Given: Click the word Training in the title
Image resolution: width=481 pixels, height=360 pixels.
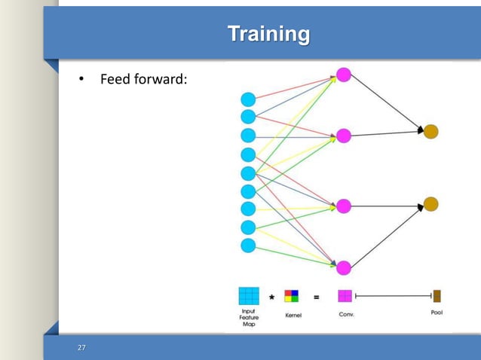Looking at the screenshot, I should pos(268,35).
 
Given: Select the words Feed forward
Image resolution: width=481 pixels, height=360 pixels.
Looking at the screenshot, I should pos(143,99).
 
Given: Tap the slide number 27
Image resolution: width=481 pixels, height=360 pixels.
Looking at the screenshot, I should pos(82,347).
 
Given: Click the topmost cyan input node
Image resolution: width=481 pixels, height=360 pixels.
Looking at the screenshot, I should pos(248,99).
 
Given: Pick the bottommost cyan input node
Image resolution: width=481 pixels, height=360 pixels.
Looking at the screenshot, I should pos(248,245).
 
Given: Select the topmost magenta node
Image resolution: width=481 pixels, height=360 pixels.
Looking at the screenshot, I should pos(344,75).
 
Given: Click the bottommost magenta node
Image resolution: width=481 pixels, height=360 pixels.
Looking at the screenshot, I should pos(344,267).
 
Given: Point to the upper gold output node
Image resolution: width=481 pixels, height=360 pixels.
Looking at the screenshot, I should pos(430,132).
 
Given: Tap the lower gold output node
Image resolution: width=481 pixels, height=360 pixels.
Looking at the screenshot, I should pos(430,204).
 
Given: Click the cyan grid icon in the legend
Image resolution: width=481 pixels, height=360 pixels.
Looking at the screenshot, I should pos(248,296).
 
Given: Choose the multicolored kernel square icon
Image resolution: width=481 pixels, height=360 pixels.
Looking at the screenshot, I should pos(292,296).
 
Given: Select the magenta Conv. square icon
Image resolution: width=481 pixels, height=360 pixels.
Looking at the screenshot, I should pos(345,296).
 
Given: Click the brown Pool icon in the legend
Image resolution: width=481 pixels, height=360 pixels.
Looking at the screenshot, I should pos(437,296).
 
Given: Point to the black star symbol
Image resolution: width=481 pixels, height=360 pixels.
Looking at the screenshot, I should pos(271,296).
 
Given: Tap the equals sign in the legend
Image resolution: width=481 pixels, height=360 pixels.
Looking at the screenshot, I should pos(316,296).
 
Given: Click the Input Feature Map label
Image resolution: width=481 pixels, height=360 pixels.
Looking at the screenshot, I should pos(248,316).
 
